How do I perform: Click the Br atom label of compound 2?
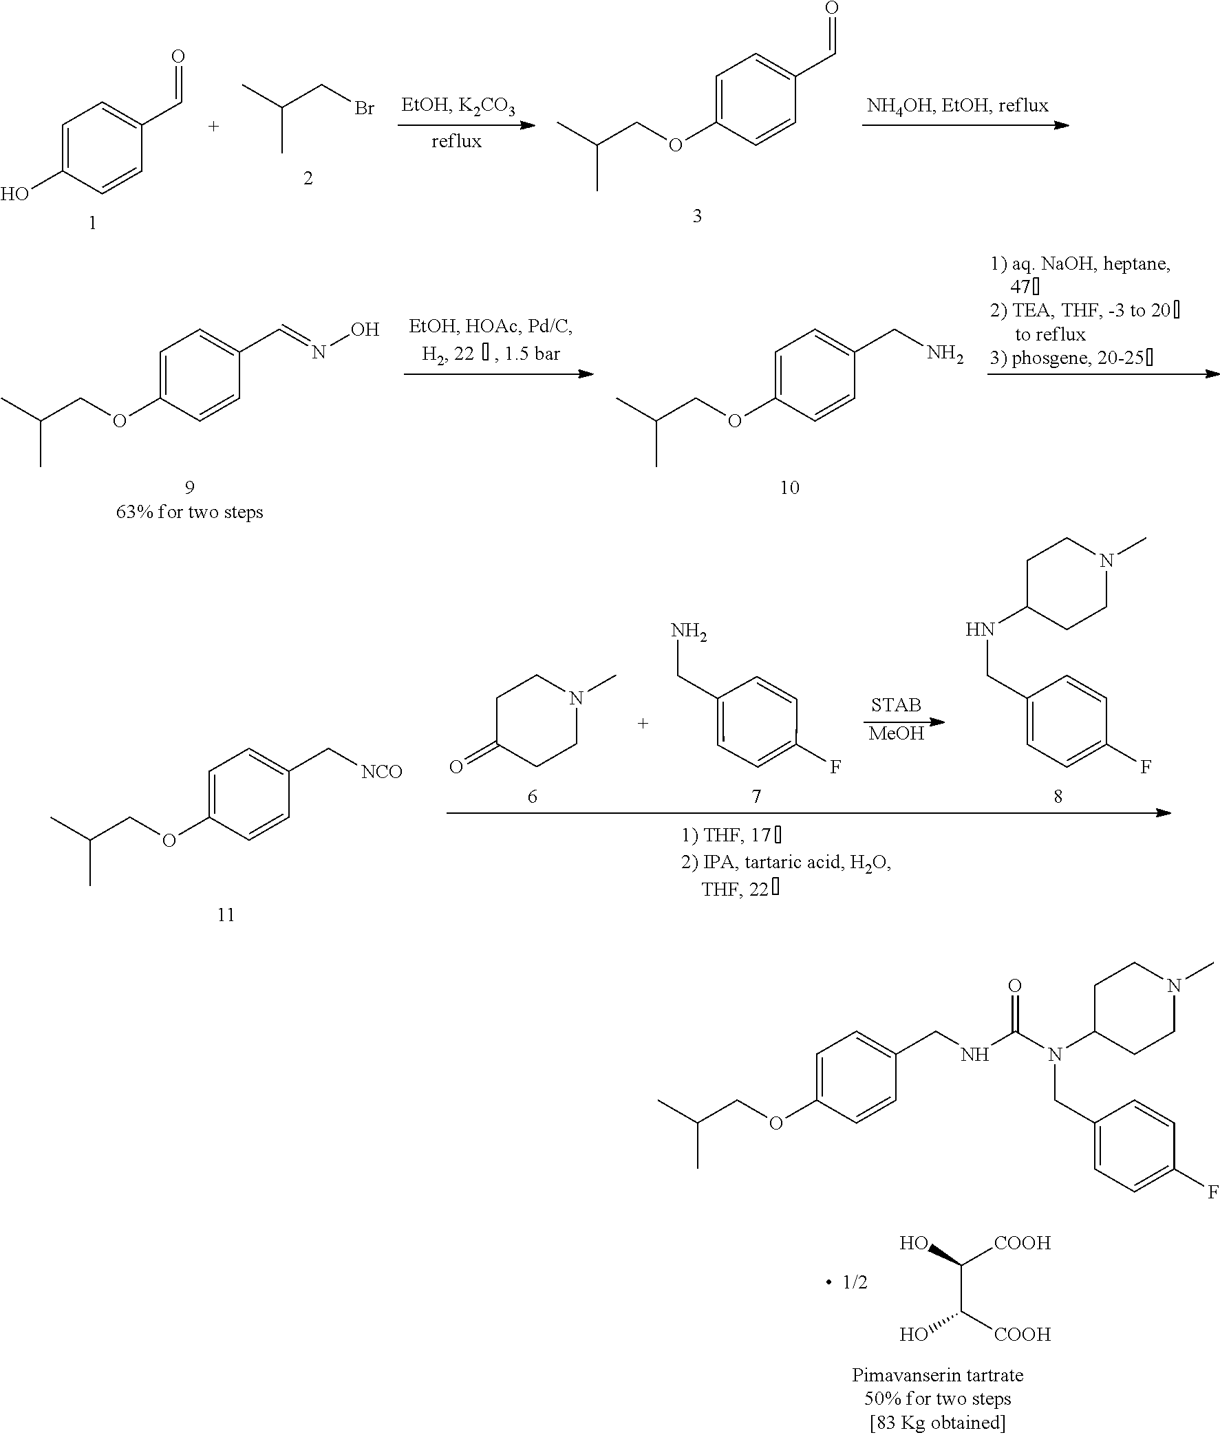tap(364, 109)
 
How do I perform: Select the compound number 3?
tap(697, 216)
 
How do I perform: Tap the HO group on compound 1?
tap(14, 193)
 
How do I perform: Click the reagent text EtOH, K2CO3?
tap(458, 107)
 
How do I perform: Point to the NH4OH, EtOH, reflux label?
tap(957, 106)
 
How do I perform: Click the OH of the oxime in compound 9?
tap(365, 330)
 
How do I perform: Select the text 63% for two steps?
tap(189, 512)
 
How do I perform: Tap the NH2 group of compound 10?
tap(945, 354)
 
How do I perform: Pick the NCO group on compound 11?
tap(382, 772)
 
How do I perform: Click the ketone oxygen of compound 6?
tap(456, 766)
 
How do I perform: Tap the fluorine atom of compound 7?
tap(835, 766)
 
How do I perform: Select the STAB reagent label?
tap(896, 705)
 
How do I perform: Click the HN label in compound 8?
tap(979, 629)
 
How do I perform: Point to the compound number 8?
tap(1058, 796)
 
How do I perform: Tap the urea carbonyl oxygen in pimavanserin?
tap(1014, 986)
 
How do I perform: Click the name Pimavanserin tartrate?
tap(937, 1375)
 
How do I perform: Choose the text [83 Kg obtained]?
tap(937, 1422)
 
